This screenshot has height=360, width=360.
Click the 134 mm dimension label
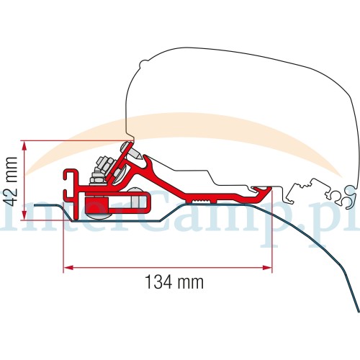coord(174,282)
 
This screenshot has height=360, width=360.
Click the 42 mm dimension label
coord(12,181)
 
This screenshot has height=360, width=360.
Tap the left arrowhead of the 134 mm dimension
coord(68,267)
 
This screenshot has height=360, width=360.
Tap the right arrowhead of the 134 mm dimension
coord(267,267)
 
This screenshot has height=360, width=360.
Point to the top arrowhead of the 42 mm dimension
coord(24,145)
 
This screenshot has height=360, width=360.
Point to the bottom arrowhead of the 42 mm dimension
coord(24,215)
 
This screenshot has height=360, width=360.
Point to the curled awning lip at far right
coord(351,197)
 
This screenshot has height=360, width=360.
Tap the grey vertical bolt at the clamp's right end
coord(136,199)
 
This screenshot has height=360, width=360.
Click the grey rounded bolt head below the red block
coord(99,217)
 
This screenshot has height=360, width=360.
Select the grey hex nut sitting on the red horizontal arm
coord(96,181)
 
